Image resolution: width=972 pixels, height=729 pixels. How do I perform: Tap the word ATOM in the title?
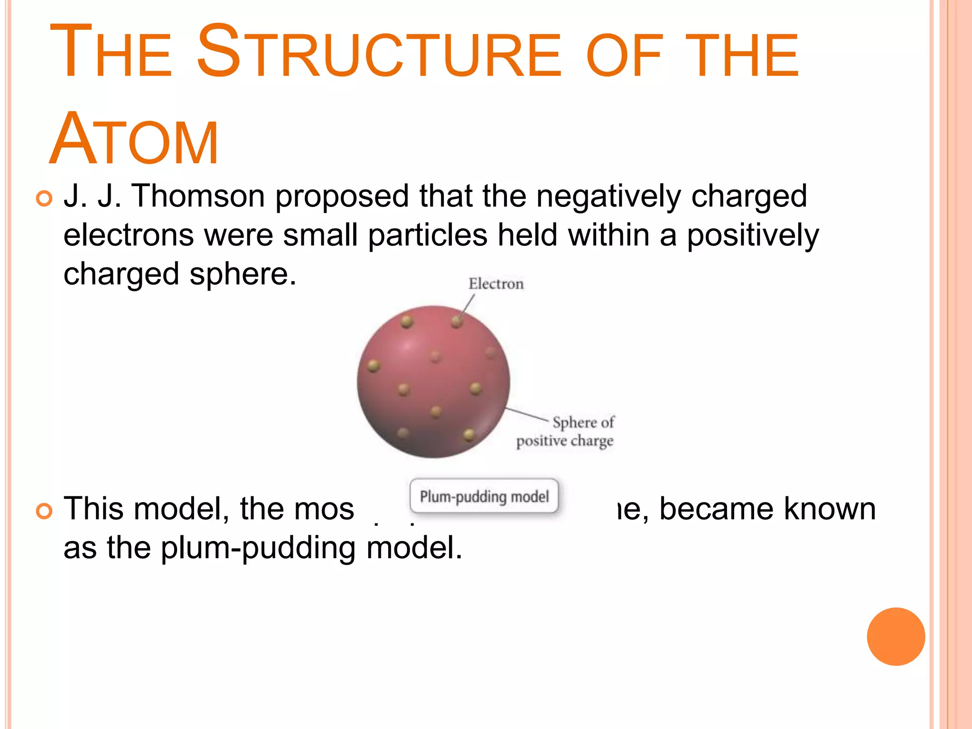134,140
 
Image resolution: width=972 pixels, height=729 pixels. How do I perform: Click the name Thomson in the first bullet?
198,196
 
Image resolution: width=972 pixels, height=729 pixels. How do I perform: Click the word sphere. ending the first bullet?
243,274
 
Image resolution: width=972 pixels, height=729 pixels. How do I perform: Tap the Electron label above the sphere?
496,284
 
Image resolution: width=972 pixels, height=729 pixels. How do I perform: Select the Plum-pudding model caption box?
484,496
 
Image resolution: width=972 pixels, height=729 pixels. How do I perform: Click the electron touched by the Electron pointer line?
457,322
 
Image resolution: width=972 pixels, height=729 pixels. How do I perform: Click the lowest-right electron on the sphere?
469,434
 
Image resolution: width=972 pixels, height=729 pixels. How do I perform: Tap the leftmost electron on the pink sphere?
374,365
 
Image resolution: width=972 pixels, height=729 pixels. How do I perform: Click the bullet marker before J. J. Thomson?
44,198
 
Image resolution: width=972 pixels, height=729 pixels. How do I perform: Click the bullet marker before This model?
44,511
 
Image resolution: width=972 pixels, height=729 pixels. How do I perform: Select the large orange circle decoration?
896,636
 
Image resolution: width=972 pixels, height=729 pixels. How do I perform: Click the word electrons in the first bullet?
129,235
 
